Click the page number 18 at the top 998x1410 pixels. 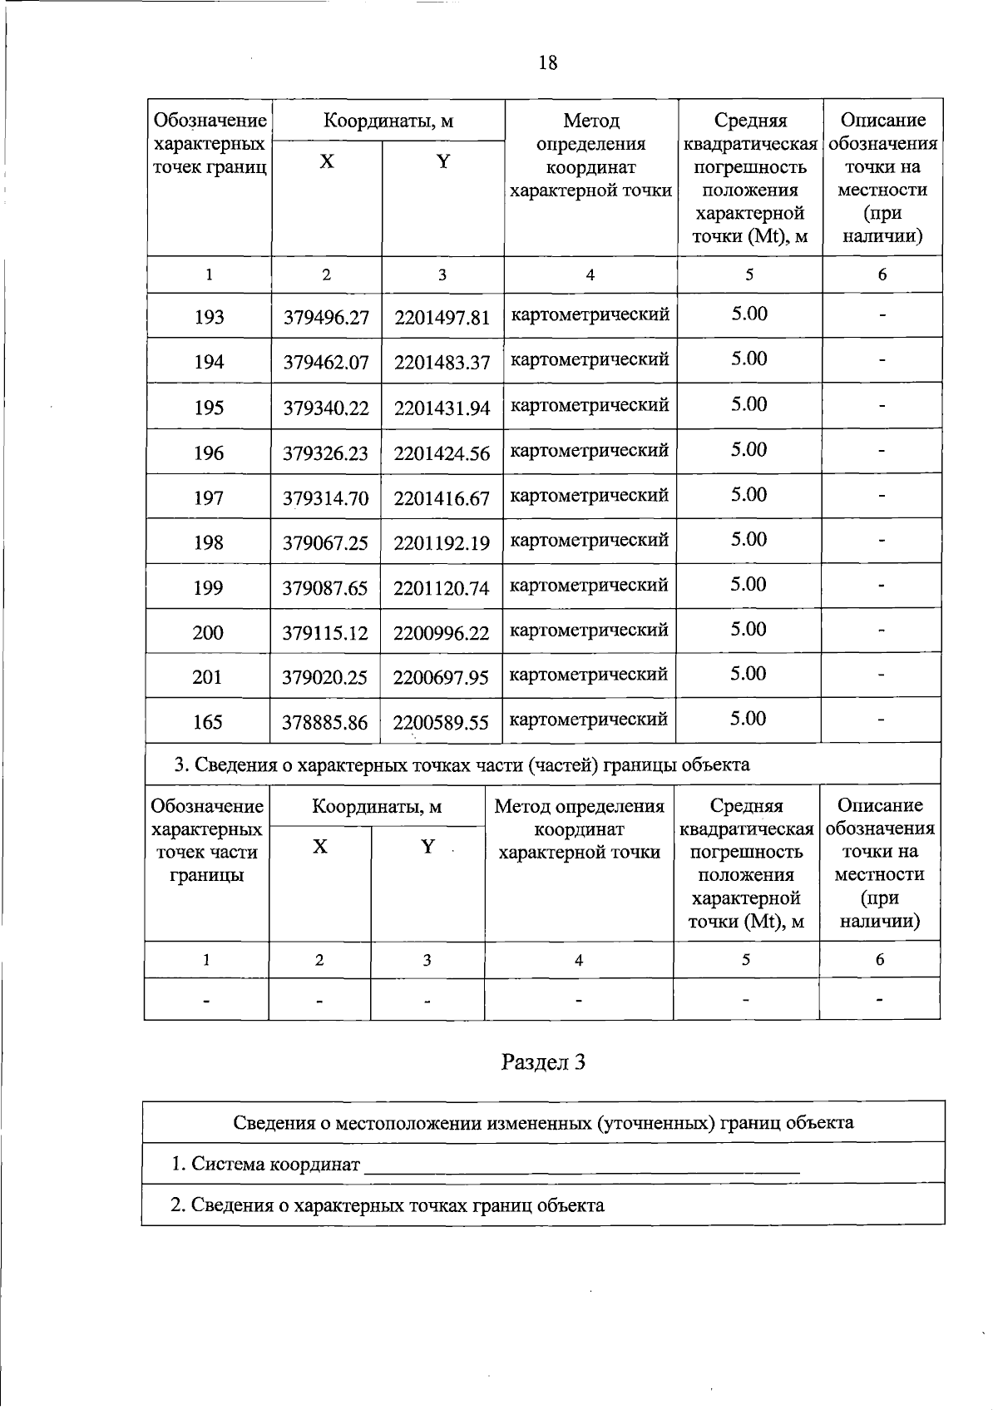pos(548,63)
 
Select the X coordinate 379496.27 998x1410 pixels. pos(326,318)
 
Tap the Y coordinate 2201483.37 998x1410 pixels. pos(442,363)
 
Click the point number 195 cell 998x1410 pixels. pos(209,408)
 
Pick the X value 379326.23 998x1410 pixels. pos(326,453)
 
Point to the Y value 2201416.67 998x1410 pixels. pos(442,498)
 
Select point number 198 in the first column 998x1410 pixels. pos(208,543)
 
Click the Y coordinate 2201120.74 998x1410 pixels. pos(442,588)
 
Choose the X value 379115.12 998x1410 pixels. pos(325,633)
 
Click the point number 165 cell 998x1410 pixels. pos(207,722)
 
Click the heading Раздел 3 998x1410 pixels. pos(544,1062)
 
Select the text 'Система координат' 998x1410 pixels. pos(275,1164)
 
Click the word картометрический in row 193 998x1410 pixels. pos(590,314)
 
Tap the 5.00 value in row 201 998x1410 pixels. pos(748,674)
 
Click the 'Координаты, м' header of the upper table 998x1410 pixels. pos(388,121)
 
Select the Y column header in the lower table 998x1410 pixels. pos(427,847)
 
